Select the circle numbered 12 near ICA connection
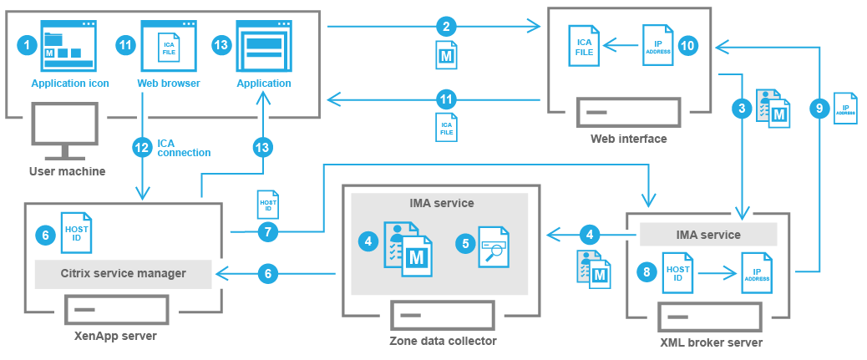tap(142, 148)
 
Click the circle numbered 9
tap(820, 107)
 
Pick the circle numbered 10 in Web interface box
tap(687, 45)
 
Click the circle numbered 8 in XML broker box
tap(643, 271)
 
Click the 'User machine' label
tap(67, 171)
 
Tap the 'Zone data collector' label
tap(443, 341)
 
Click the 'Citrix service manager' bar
tap(122, 273)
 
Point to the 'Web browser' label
tap(168, 84)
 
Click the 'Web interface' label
tap(628, 139)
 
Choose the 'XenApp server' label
tap(121, 336)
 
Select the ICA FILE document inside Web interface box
tap(583, 47)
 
